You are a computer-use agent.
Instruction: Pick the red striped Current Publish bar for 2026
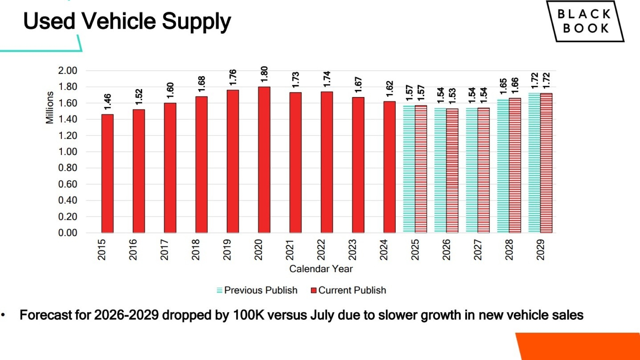(452, 171)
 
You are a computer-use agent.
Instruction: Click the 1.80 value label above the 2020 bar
(264, 74)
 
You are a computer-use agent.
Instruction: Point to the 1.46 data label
(108, 102)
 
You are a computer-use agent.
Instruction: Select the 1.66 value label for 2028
(515, 86)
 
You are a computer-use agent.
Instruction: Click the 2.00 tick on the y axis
(67, 70)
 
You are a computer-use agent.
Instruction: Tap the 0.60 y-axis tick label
(67, 184)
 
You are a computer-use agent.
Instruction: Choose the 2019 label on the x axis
(227, 250)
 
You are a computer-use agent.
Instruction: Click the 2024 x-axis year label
(384, 250)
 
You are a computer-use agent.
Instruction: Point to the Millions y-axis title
(50, 108)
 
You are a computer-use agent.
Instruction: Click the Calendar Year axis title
(321, 269)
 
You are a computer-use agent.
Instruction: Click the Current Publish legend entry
(348, 290)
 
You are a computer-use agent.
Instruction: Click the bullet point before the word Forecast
(3, 315)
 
